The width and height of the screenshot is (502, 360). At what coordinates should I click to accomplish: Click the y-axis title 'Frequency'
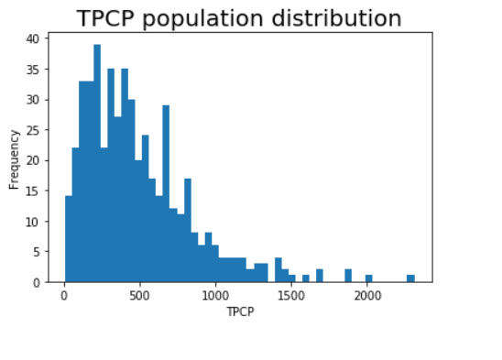(x=15, y=158)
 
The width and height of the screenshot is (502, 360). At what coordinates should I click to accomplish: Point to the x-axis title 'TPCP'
(x=239, y=312)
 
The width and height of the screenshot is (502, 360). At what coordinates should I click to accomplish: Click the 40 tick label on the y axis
(x=32, y=38)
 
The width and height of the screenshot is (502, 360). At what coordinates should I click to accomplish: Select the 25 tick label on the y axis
(x=32, y=130)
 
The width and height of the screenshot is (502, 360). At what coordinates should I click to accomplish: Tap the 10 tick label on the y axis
(x=32, y=222)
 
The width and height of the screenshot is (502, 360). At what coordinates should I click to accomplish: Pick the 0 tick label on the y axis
(x=36, y=282)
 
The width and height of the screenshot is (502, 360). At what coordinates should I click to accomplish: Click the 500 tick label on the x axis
(x=139, y=296)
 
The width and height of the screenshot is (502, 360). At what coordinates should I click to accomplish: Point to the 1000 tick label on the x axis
(x=215, y=296)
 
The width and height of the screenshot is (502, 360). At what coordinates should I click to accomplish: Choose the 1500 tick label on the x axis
(x=291, y=296)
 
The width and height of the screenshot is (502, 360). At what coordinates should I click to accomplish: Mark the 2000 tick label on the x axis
(x=367, y=296)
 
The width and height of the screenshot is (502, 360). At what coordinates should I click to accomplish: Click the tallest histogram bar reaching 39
(x=97, y=165)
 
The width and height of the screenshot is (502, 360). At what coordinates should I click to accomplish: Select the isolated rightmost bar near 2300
(x=410, y=278)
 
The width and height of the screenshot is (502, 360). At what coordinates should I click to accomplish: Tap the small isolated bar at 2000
(x=368, y=278)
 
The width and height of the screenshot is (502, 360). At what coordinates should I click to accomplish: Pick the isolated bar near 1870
(x=348, y=276)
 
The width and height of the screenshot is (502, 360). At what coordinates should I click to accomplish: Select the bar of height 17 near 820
(x=187, y=231)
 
